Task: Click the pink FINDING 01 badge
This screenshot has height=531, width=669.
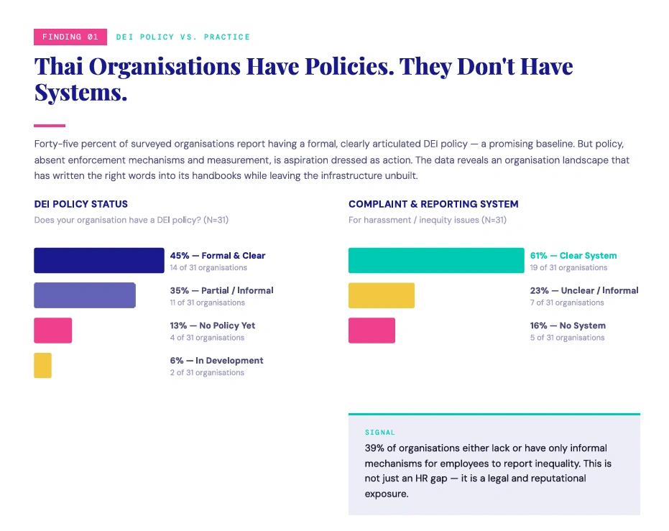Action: tap(70, 37)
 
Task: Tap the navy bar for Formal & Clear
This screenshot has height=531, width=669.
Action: tap(99, 260)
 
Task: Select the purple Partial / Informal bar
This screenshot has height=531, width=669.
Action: tap(85, 295)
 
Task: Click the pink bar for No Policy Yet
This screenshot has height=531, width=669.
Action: tap(53, 330)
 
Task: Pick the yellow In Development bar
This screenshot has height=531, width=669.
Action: tap(42, 365)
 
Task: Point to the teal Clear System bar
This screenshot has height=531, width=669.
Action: tap(436, 260)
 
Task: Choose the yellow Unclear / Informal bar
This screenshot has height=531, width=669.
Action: tap(382, 295)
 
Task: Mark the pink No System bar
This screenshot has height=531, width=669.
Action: tap(372, 330)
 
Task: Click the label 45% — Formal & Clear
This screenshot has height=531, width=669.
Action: tap(218, 256)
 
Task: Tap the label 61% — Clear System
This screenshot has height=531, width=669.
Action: tap(573, 256)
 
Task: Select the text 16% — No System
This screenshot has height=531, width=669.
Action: tap(568, 325)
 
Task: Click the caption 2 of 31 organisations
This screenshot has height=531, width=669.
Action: tap(207, 372)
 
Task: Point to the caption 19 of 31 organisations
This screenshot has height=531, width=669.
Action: tap(568, 267)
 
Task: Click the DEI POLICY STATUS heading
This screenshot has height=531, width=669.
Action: tap(81, 204)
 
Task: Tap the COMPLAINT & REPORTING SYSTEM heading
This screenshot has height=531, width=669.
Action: tap(433, 204)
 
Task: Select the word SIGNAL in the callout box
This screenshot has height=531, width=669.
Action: tap(379, 433)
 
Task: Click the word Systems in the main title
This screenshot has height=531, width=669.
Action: tap(80, 92)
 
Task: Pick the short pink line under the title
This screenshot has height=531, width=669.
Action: tap(50, 126)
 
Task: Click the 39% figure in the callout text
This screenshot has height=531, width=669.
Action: tap(374, 448)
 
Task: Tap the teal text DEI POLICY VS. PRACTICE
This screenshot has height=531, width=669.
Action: tap(183, 37)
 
